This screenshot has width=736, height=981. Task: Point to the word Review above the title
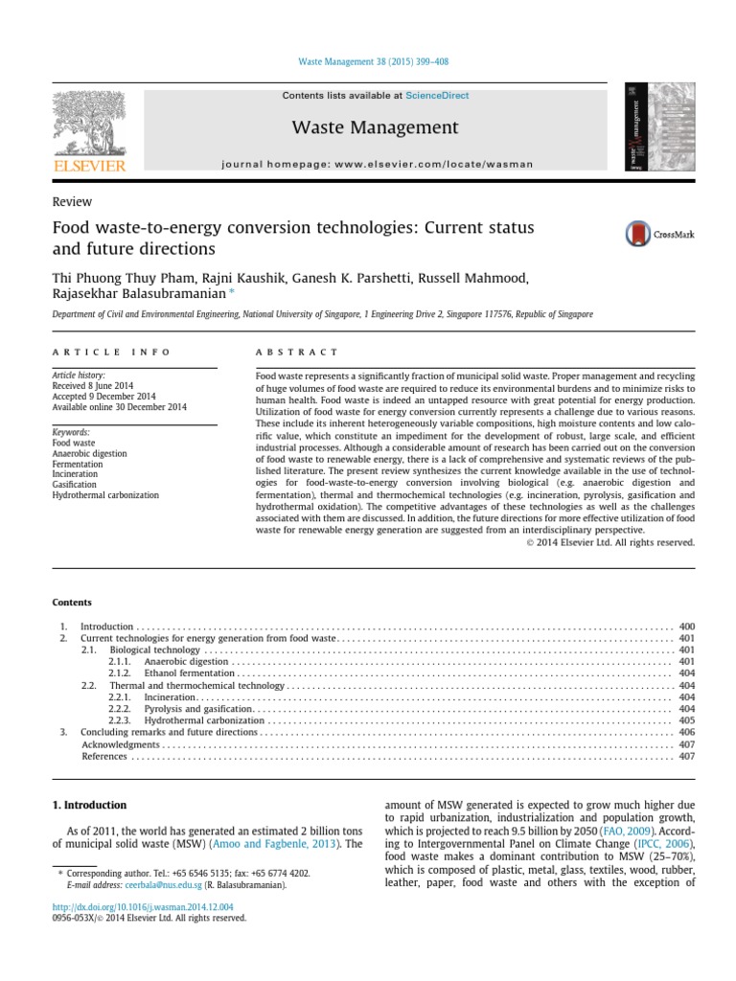click(72, 202)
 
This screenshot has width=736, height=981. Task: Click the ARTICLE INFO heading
click(111, 353)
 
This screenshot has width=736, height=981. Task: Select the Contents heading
click(72, 603)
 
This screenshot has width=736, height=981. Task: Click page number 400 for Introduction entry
click(686, 627)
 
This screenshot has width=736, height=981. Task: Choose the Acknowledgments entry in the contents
click(120, 744)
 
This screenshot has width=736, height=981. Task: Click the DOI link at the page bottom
click(143, 905)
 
